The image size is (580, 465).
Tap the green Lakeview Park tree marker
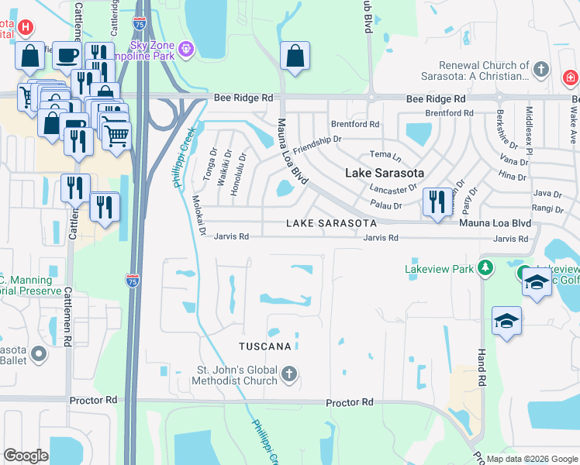[x=485, y=269]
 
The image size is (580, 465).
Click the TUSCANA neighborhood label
[x=265, y=346]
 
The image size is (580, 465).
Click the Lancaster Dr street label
[x=394, y=188]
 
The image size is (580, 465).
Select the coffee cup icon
[x=66, y=54]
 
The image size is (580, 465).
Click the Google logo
[x=26, y=456]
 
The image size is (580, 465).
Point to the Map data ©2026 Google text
[x=532, y=459]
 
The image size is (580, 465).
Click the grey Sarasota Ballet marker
[x=38, y=354]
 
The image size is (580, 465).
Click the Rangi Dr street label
[x=547, y=208]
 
